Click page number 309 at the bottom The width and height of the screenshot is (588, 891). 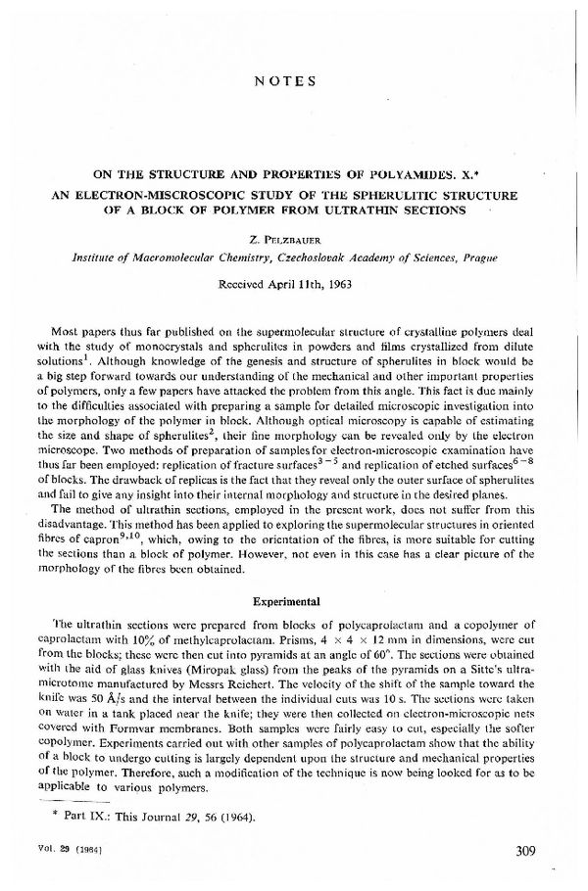tap(525, 850)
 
